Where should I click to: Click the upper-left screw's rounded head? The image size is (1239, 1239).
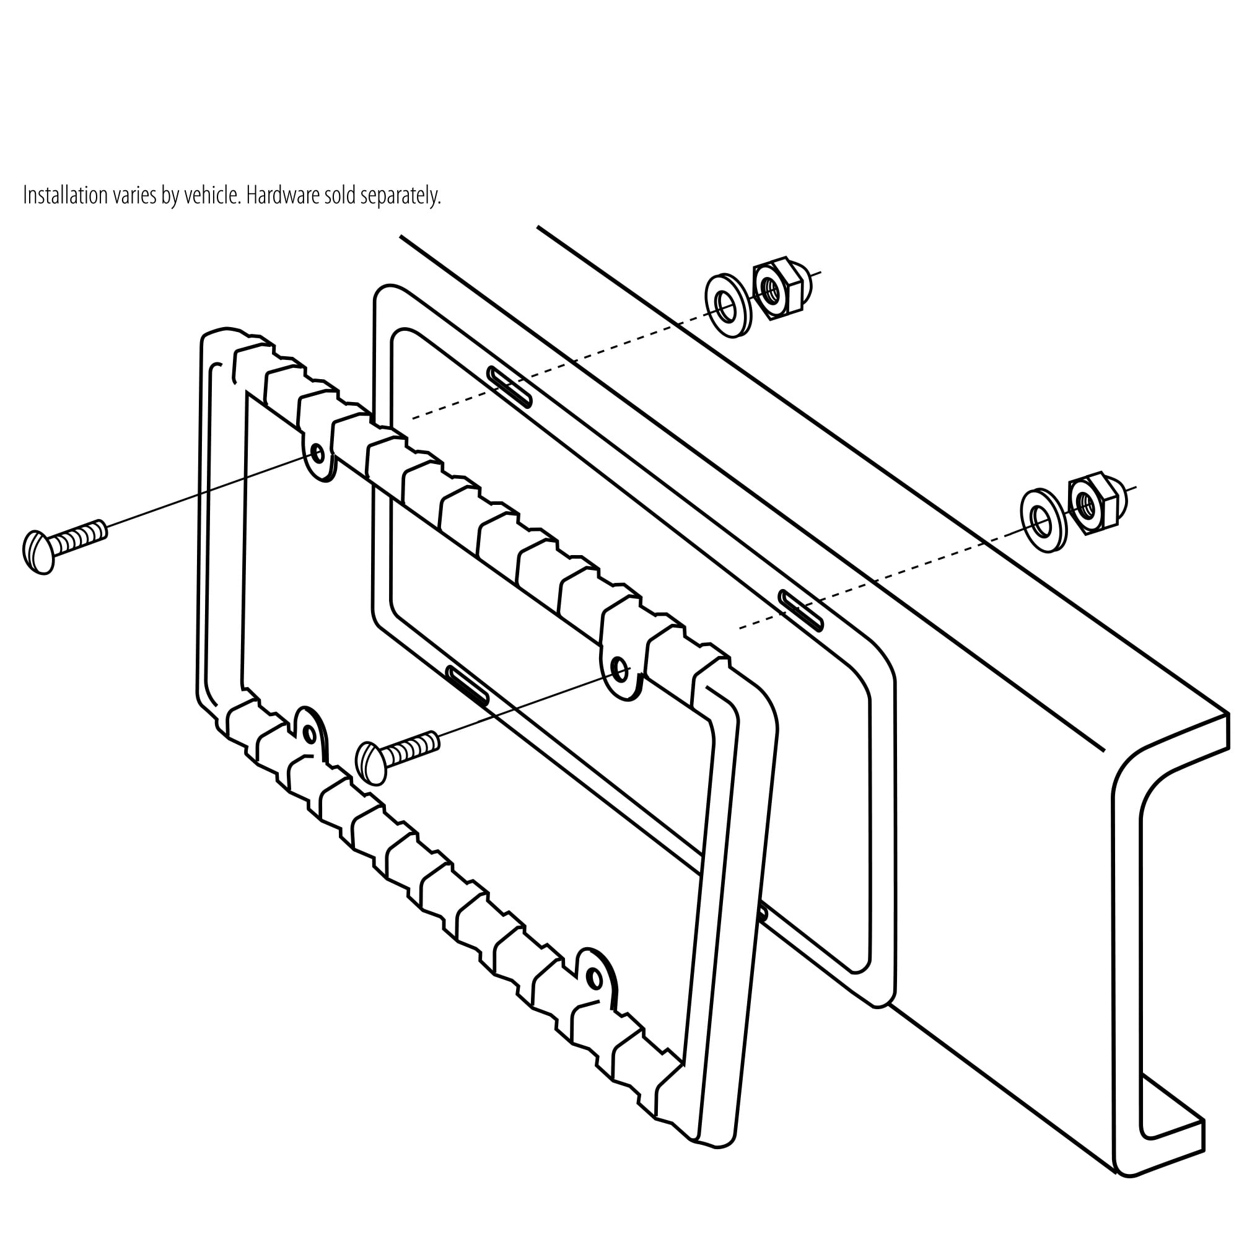[x=38, y=552]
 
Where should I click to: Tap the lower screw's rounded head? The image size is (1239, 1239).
[x=370, y=763]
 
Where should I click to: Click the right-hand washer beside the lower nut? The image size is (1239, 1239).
[x=1043, y=522]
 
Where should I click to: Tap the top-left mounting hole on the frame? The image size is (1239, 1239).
[x=317, y=455]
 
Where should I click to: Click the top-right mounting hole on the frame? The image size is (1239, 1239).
[x=619, y=669]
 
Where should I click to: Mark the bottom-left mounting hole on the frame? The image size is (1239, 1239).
[x=310, y=733]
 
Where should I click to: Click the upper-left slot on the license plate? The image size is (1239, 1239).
[x=509, y=387]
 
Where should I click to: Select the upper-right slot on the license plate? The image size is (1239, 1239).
[x=800, y=611]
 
